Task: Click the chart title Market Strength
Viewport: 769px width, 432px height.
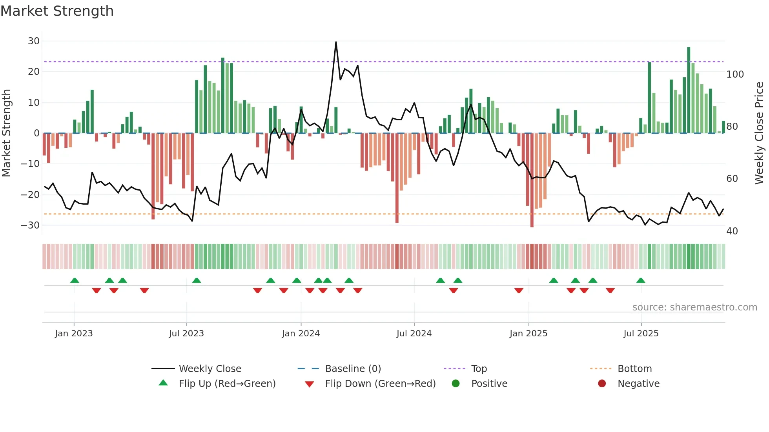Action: tap(57, 11)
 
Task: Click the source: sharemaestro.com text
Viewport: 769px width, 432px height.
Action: tap(694, 307)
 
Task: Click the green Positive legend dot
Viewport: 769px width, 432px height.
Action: tap(456, 384)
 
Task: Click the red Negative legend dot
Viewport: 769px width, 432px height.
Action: tap(602, 384)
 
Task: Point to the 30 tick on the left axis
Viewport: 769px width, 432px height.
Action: tap(34, 41)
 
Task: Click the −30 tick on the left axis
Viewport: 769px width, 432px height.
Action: tap(30, 225)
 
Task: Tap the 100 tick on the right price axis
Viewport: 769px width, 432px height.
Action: tap(735, 74)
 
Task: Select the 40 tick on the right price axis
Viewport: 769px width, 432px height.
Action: tap(732, 231)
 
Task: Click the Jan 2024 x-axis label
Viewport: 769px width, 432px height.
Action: tap(301, 334)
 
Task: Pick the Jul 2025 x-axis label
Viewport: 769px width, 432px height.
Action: tap(641, 334)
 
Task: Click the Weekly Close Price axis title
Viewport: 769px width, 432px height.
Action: tap(759, 133)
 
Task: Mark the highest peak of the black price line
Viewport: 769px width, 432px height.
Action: tap(336, 42)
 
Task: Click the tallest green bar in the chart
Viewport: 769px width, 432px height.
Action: tap(689, 90)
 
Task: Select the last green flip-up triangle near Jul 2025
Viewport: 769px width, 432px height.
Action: tap(641, 280)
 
